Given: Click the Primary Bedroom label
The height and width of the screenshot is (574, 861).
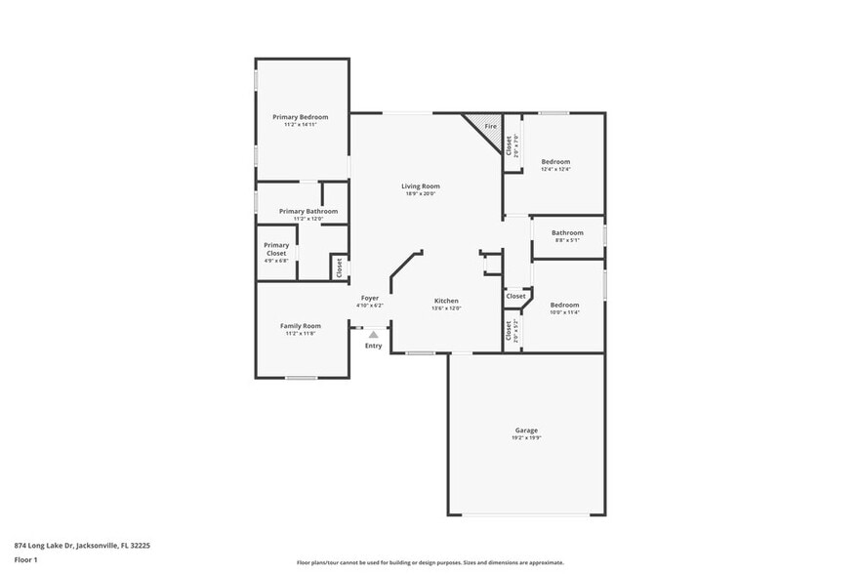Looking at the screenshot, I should (x=300, y=117).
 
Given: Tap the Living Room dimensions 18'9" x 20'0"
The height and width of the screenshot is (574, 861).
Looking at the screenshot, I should (x=420, y=194).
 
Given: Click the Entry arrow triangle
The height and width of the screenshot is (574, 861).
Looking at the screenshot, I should (x=373, y=334).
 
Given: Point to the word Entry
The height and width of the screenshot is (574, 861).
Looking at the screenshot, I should (x=374, y=346).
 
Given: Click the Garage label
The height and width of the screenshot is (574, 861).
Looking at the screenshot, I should (x=527, y=430).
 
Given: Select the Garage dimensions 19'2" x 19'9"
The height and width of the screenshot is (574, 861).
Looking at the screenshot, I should (x=527, y=438).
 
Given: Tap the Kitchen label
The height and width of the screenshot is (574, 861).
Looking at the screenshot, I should (x=446, y=301).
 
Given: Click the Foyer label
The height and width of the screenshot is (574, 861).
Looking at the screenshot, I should (x=370, y=298).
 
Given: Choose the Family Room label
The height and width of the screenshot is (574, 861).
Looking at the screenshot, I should (x=300, y=326).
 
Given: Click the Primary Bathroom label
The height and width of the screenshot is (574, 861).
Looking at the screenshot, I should (x=308, y=211).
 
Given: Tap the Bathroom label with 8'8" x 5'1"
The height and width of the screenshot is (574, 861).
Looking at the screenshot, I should (x=567, y=232).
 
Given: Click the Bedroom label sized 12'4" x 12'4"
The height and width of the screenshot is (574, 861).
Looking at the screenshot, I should (x=555, y=161).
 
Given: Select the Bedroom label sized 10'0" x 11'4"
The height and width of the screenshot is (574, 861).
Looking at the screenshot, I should (x=564, y=305).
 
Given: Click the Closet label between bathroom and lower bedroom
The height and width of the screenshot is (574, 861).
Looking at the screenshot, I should (x=515, y=296).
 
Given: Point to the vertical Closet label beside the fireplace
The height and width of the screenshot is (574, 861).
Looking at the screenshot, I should (x=509, y=145).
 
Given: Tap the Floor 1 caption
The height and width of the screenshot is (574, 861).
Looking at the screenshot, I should (x=25, y=559).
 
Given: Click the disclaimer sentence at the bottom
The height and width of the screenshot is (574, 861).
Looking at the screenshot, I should (x=430, y=563).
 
